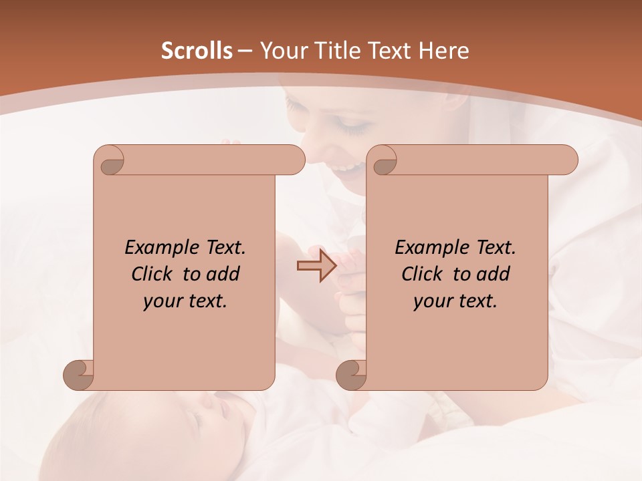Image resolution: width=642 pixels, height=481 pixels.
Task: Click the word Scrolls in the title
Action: click(x=197, y=51)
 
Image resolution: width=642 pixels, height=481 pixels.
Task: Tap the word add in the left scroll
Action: click(x=223, y=274)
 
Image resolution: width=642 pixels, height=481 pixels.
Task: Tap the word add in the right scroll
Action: click(x=494, y=274)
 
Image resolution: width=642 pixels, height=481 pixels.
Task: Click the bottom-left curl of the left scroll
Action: click(x=78, y=375)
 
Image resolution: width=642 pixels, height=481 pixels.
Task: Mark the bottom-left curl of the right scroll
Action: click(x=351, y=375)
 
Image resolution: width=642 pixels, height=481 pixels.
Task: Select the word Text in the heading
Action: click(x=392, y=51)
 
